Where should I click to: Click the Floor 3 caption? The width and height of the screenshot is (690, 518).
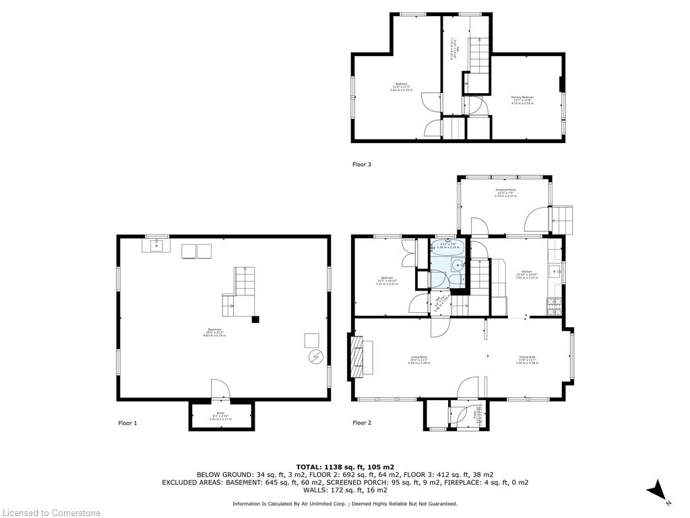362,164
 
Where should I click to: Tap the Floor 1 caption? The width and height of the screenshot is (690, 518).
127,423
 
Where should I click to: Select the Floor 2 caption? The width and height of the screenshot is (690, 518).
362,423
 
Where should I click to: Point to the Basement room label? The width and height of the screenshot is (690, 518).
215,331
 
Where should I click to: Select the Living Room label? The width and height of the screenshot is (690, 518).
419,359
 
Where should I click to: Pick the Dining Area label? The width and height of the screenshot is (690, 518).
528,359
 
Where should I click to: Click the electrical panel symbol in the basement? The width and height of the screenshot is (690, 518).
315,357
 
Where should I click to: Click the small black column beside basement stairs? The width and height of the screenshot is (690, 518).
255,319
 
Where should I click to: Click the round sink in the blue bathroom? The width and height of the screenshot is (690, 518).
456,265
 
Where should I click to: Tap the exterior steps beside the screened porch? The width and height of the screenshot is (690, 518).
561,219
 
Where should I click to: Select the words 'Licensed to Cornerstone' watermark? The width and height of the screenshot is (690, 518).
51,513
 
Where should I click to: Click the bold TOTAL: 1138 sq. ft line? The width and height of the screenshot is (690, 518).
344,466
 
